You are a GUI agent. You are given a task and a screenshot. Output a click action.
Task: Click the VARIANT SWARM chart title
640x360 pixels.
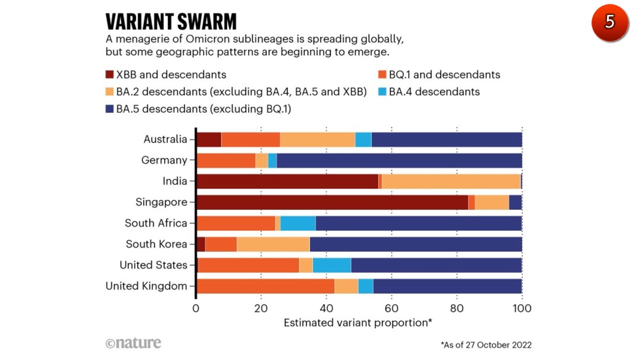click(x=170, y=21)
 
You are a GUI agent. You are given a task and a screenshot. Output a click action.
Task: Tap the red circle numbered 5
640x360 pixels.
click(x=609, y=22)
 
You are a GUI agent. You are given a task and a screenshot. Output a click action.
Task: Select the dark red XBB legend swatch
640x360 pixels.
click(x=109, y=75)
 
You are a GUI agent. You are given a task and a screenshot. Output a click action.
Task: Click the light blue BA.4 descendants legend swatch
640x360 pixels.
click(x=382, y=92)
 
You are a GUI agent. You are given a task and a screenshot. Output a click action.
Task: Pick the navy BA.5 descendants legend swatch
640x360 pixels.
click(x=109, y=109)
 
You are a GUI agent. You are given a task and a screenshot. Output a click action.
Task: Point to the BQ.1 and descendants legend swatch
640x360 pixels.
click(x=382, y=75)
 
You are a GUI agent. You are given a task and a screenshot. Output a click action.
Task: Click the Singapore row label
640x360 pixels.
click(x=161, y=202)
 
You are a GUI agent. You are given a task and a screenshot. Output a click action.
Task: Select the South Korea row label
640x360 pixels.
click(x=156, y=244)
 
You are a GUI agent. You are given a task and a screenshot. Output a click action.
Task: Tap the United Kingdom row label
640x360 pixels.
click(x=146, y=286)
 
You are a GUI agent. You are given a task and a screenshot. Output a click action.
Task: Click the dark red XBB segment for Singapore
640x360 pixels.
click(x=332, y=202)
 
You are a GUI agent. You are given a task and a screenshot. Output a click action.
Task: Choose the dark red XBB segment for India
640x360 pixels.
click(x=287, y=181)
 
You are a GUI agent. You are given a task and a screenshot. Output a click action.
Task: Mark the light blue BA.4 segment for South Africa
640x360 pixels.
click(x=298, y=223)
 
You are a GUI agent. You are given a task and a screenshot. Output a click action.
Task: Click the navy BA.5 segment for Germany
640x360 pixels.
click(x=399, y=160)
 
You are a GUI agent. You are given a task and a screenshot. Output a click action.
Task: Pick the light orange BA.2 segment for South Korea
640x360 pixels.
click(x=273, y=244)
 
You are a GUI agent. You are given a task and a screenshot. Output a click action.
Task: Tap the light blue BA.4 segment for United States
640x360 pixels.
click(x=331, y=265)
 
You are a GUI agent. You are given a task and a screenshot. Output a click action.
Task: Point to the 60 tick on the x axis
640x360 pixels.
click(x=391, y=308)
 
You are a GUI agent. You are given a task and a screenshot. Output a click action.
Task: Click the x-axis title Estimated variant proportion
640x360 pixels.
click(x=358, y=322)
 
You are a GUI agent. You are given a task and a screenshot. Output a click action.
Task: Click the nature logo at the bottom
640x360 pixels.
click(x=133, y=343)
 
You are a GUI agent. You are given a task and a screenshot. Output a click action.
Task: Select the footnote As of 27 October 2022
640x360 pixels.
click(x=486, y=345)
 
